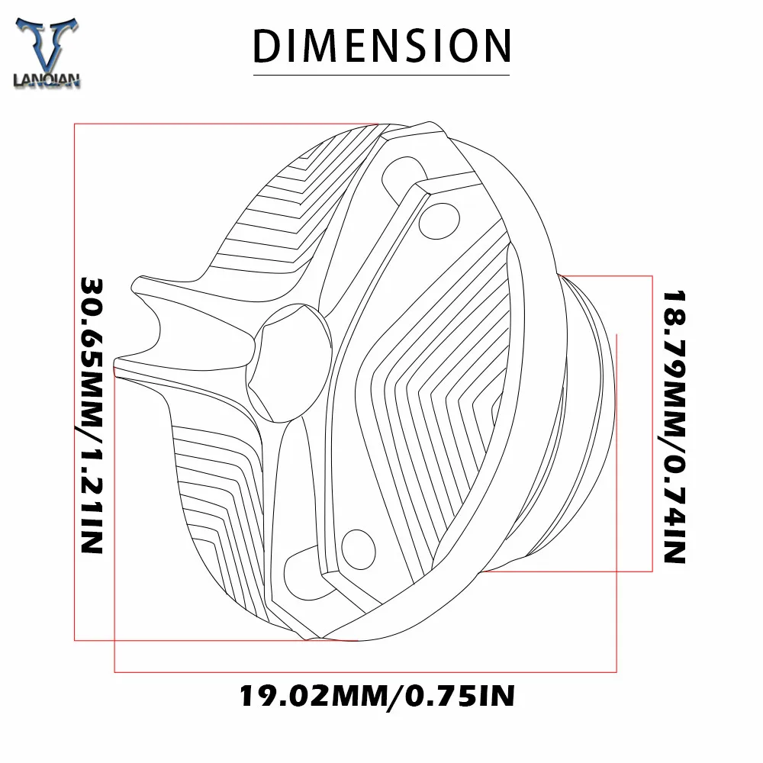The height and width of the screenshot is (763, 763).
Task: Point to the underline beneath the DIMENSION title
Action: point(381,75)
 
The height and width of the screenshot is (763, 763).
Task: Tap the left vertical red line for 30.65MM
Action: point(74,381)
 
